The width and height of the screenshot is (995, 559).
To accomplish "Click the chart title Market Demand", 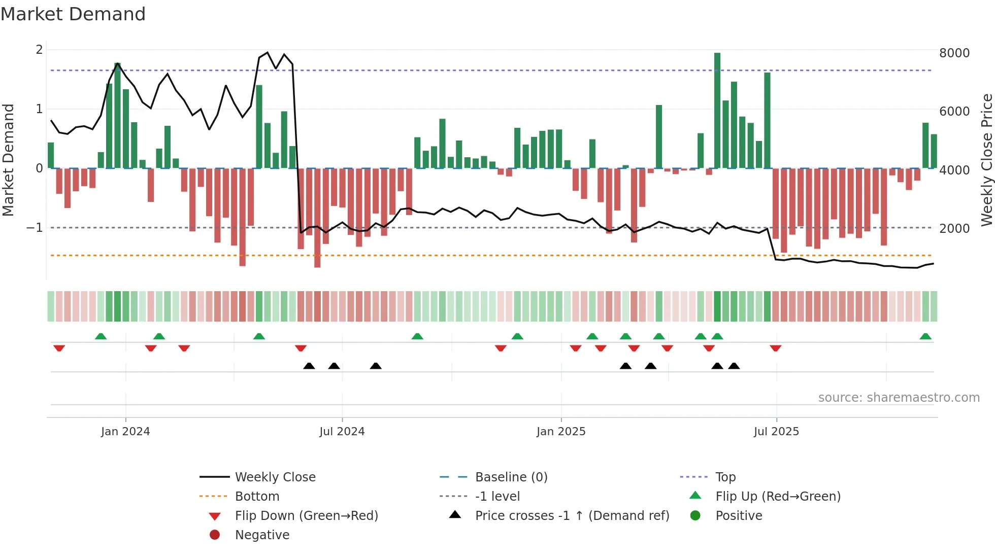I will [73, 14].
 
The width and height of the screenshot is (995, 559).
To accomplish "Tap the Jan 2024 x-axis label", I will [125, 432].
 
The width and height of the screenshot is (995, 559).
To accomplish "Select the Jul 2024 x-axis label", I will [342, 432].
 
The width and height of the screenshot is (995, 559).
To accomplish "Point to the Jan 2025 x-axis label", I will [561, 432].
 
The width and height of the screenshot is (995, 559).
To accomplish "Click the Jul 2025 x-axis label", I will [776, 432].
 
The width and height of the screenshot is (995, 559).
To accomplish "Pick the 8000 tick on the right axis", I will [954, 53].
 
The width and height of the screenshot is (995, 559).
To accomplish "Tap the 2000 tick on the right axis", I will [954, 229].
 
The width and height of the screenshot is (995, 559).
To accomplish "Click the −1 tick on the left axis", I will [35, 228].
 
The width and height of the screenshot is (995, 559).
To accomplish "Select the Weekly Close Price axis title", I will [987, 160].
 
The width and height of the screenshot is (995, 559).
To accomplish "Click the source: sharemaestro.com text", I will [899, 398].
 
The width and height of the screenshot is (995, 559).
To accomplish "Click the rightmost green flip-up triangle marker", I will [925, 337].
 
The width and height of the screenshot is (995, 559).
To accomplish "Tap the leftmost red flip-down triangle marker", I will [59, 348].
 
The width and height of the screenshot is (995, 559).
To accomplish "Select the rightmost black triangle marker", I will [734, 366].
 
